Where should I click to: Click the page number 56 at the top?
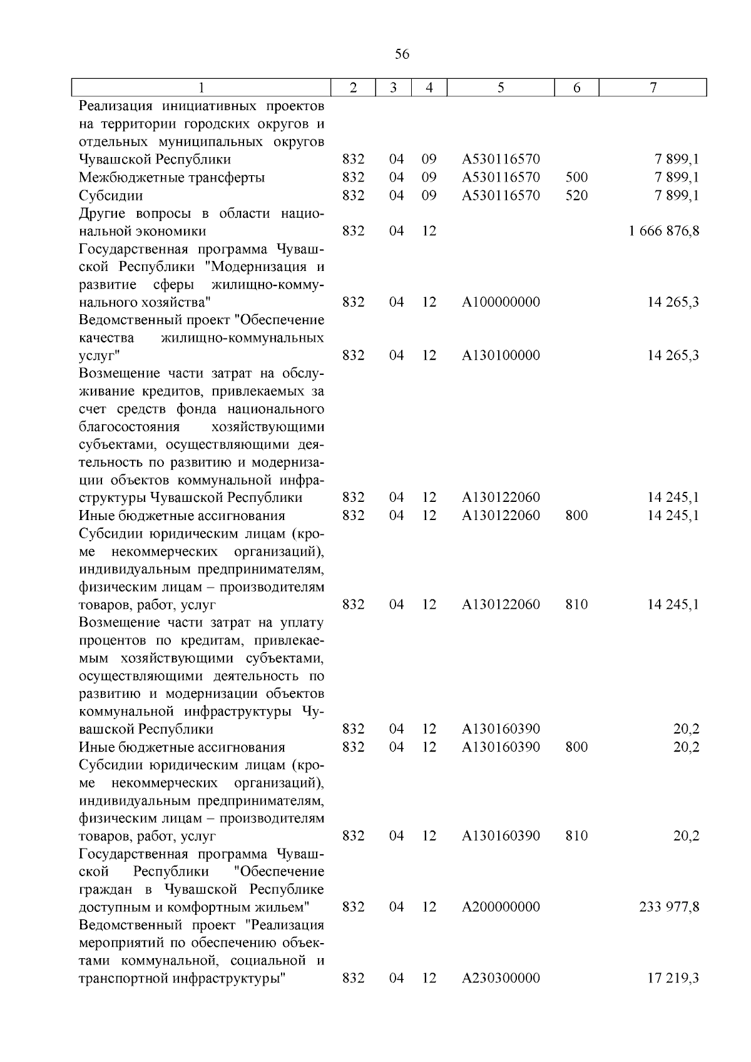402,54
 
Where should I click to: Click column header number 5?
501,88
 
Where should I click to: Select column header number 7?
653,88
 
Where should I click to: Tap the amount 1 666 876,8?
664,231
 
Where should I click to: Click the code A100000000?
501,302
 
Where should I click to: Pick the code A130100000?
501,355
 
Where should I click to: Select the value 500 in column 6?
576,178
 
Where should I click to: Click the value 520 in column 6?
576,196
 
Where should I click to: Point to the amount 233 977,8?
669,907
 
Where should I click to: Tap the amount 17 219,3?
673,978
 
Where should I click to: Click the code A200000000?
501,907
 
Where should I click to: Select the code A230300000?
501,978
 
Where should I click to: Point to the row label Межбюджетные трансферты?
171,178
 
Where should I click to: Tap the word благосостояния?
129,427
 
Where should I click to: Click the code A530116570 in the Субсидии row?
501,196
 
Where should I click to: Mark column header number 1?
201,88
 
